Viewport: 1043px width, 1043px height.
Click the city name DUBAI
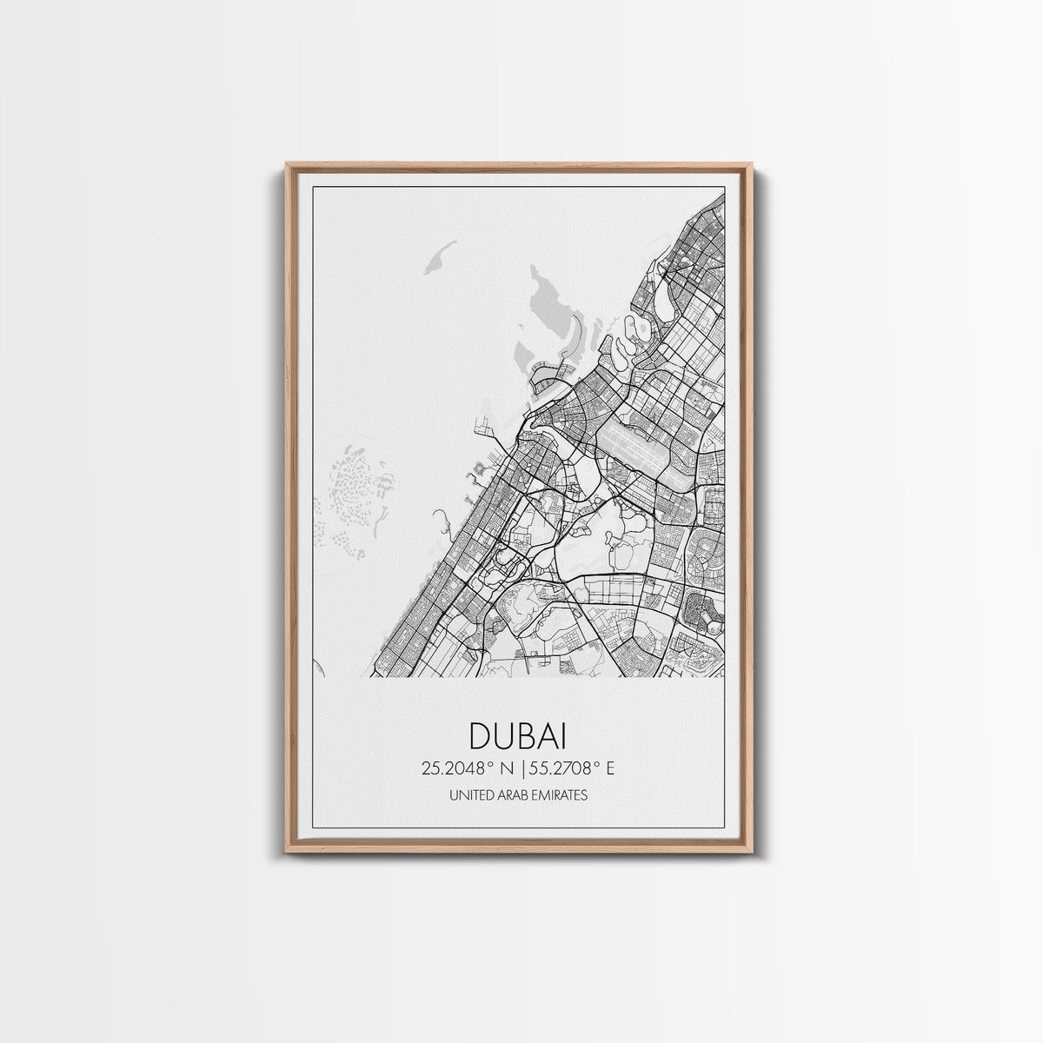[518, 735]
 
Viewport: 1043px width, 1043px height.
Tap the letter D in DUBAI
[481, 735]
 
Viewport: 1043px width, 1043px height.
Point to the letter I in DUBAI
[562, 735]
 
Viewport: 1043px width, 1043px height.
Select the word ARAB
[509, 794]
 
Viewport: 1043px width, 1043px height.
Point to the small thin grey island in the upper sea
[440, 257]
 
